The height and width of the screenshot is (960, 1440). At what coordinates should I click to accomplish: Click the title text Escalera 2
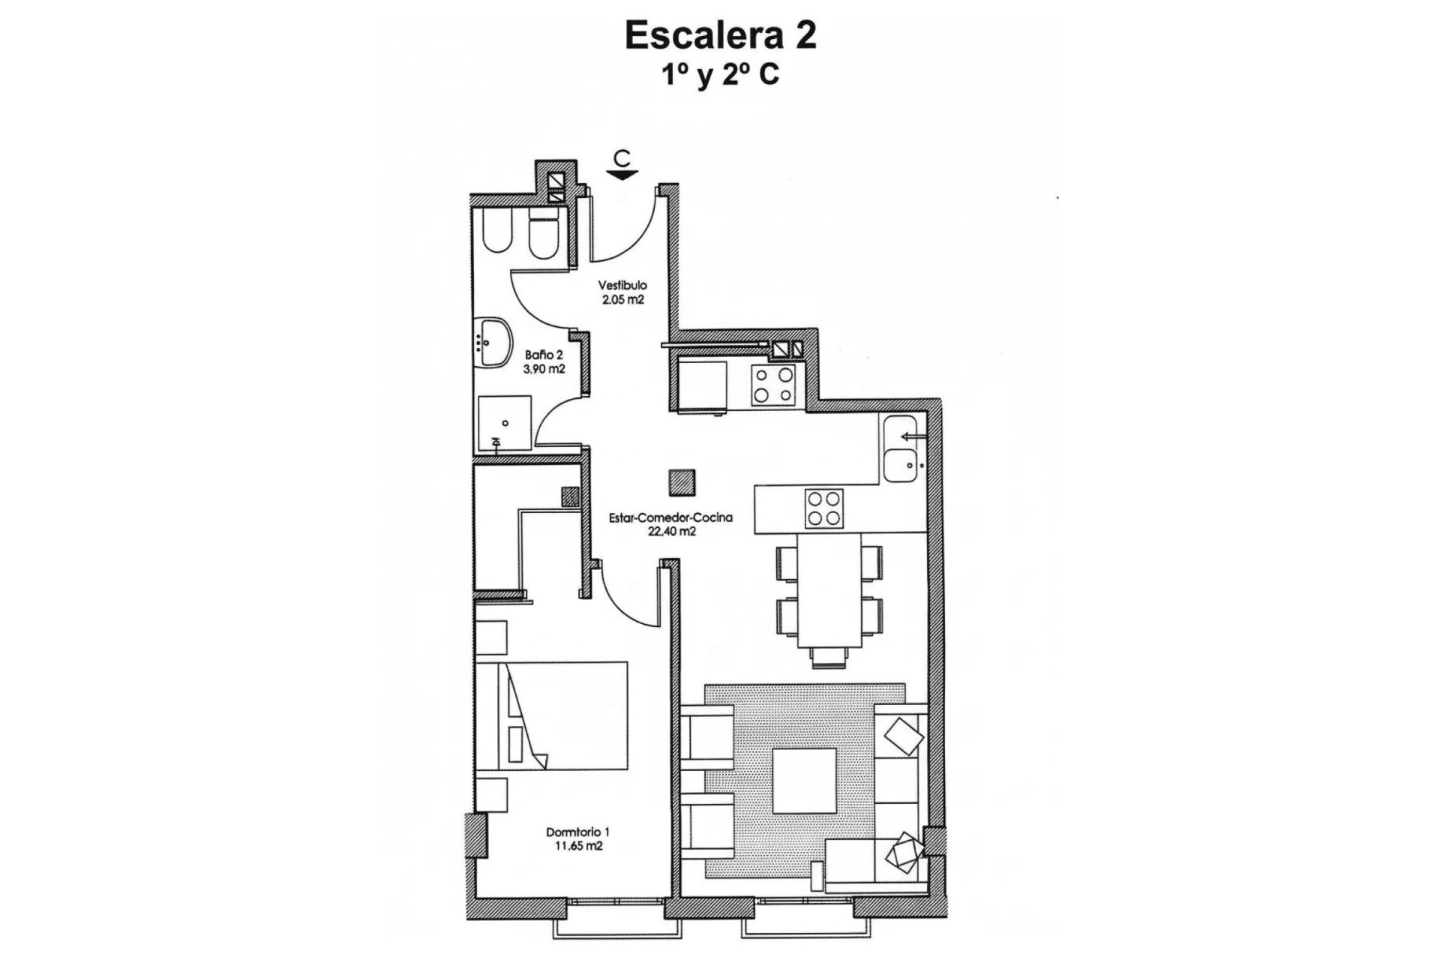720,36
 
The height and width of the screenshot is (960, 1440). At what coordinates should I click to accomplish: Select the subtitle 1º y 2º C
720,76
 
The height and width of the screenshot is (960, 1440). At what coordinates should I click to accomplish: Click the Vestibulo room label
622,285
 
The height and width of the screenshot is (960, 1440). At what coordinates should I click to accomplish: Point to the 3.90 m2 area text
544,369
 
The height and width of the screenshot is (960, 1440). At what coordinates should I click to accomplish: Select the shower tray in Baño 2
505,423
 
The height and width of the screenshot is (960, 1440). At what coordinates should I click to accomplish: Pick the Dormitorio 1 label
577,832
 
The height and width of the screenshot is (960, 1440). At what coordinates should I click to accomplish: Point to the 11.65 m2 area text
577,846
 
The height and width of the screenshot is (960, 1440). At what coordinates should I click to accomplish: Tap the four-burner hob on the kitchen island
823,508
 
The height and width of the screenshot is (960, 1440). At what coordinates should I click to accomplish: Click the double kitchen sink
900,448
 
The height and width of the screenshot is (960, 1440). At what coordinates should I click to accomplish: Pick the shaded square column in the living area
682,482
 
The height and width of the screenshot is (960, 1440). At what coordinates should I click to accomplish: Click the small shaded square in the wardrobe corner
570,497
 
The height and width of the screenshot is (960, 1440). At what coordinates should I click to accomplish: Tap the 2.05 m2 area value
622,299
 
